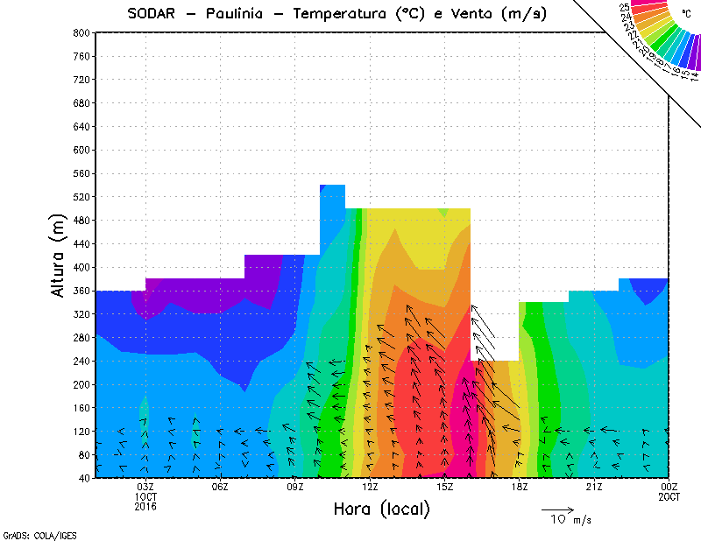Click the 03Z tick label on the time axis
coord(145,488)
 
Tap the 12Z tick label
coord(370,488)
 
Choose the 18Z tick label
coord(520,488)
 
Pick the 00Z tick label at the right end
coord(669,488)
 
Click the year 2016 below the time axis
coord(145,506)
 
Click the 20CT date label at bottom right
coord(669,496)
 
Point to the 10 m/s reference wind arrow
coord(557,509)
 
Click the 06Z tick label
coord(220,488)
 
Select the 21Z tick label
coord(594,488)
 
